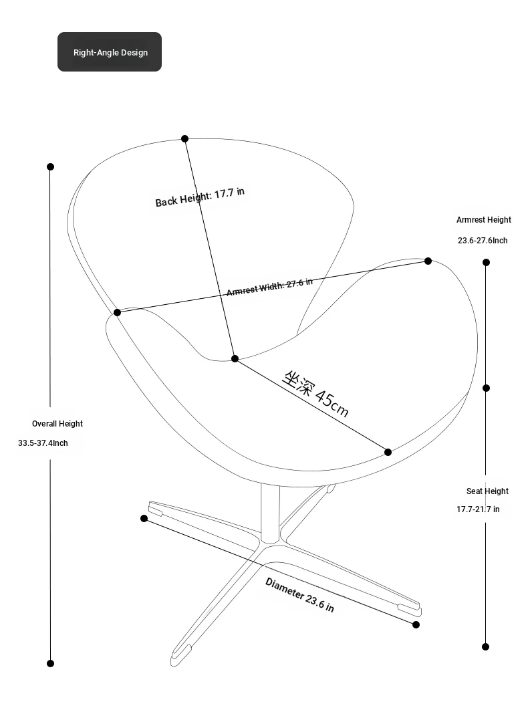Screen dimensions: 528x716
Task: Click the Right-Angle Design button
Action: coord(110,51)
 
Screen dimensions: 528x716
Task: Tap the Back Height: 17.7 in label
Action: coord(200,197)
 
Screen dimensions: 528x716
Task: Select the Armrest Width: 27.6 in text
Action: coord(270,287)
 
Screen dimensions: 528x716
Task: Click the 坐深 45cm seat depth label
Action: coord(315,394)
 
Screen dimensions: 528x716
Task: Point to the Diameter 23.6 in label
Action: coord(300,594)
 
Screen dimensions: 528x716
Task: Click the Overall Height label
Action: coord(57,424)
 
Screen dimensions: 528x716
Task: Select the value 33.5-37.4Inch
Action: coord(43,443)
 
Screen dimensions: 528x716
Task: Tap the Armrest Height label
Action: coord(484,220)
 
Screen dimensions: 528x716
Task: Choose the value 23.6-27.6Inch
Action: coord(483,240)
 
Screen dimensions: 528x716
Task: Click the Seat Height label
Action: coord(487,491)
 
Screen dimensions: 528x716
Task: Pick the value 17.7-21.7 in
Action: coord(479,509)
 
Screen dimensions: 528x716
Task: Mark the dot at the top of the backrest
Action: coord(185,139)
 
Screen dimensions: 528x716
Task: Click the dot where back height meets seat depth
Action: coord(235,359)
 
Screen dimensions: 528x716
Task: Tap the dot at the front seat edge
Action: coord(388,452)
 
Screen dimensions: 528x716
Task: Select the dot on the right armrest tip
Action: coord(428,261)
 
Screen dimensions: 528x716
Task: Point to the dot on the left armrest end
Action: coord(117,312)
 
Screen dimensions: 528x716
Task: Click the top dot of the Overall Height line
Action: coord(51,166)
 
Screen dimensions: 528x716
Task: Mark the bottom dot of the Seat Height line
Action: coord(485,646)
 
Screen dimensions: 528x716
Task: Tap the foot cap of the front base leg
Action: coord(180,654)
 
